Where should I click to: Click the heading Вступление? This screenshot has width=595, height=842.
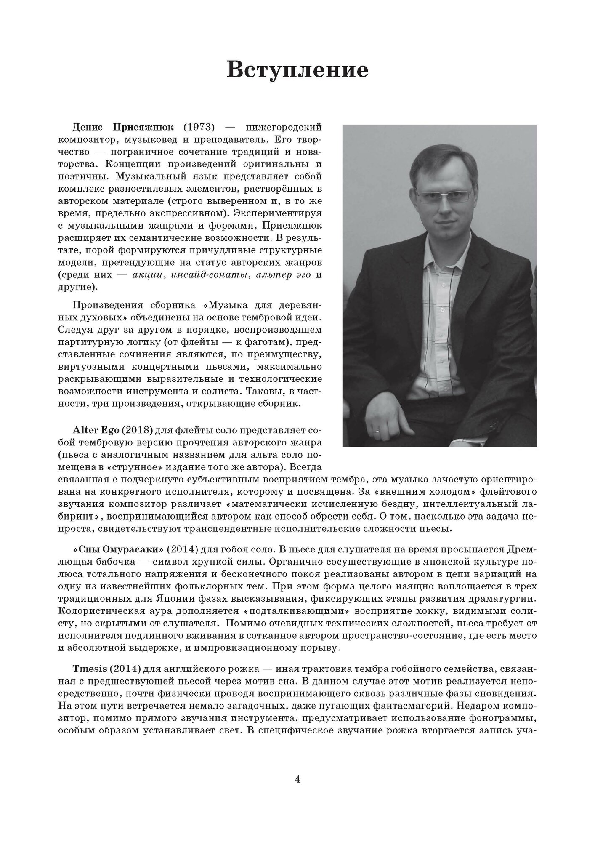(297, 69)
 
